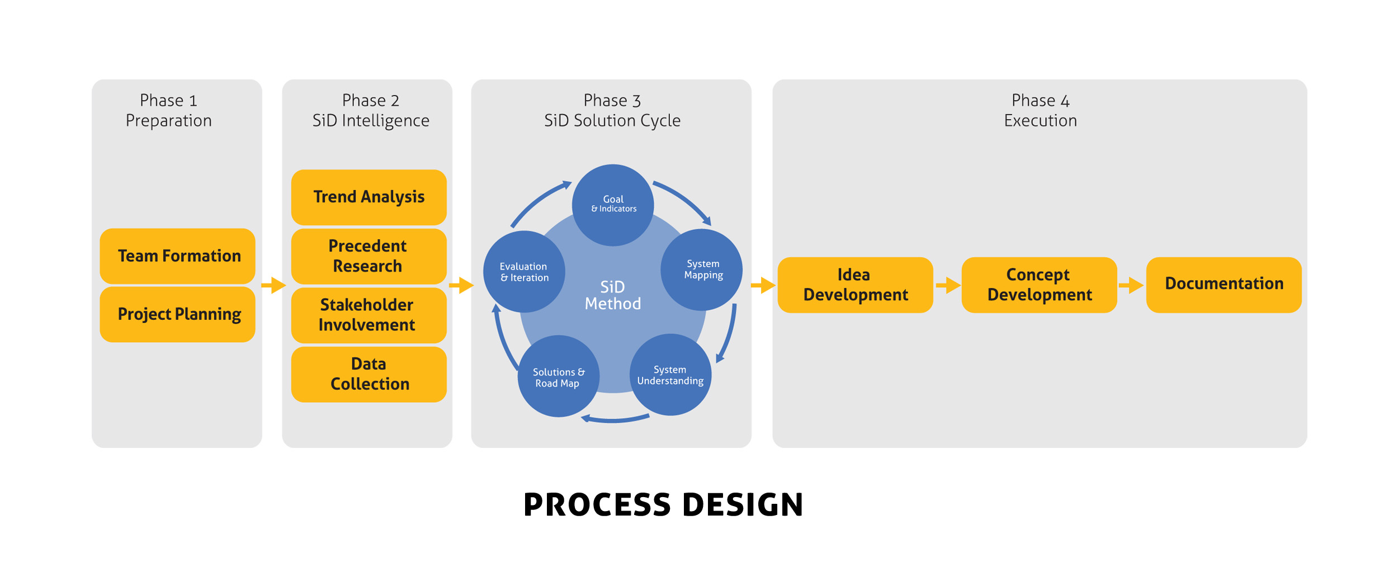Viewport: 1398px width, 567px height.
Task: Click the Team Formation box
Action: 177,256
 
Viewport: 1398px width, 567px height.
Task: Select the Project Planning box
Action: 177,314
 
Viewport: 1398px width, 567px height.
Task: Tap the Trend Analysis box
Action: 369,197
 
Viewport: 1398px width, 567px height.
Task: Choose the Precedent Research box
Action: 369,256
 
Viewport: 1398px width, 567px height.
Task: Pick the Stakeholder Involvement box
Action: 369,315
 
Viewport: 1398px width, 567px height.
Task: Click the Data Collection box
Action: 369,374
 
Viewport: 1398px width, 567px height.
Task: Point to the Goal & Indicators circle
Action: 613,205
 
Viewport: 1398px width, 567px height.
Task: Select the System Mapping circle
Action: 701,270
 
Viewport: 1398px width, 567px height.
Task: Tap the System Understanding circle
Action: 670,375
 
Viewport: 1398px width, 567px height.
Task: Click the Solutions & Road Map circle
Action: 558,376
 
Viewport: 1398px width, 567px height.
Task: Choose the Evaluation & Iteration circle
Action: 524,272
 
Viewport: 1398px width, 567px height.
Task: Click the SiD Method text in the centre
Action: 613,295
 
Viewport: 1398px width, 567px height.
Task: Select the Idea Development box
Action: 855,285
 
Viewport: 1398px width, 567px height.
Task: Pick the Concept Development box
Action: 1039,285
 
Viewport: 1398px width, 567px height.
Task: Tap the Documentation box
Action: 1224,285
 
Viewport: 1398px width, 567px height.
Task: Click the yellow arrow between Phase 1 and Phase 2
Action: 274,285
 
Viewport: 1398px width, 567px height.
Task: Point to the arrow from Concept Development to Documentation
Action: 1131,285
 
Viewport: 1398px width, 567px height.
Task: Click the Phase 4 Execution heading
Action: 1040,110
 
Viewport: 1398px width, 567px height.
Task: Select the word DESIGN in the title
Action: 743,504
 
